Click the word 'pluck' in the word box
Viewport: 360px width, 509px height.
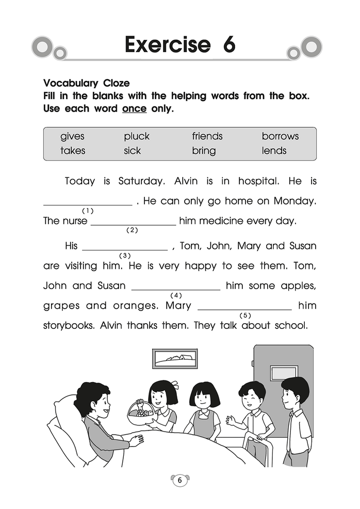(136, 137)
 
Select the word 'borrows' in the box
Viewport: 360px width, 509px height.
(280, 137)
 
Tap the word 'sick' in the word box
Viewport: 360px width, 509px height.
(133, 151)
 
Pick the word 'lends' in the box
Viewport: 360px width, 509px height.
(274, 151)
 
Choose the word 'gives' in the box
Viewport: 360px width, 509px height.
(72, 137)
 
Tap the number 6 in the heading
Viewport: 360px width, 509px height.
(229, 45)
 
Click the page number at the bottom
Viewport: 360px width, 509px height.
(179, 481)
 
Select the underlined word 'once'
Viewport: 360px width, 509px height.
(134, 109)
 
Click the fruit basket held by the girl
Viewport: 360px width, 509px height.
(140, 412)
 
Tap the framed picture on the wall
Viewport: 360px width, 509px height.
(174, 357)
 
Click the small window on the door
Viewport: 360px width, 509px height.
(284, 372)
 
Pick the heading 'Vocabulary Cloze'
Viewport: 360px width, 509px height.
(87, 83)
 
